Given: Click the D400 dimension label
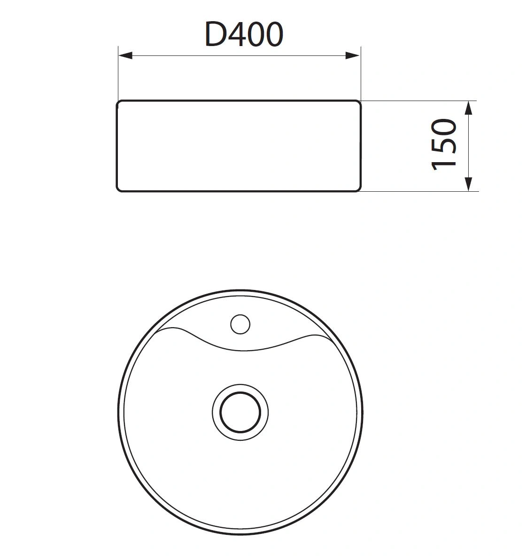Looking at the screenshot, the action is tap(244, 34).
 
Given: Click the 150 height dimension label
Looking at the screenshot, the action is tap(444, 144).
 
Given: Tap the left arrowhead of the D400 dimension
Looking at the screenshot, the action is tap(125, 55).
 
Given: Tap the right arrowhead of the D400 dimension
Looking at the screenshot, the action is tap(353, 55).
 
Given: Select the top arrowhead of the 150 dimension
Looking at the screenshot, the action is tap(469, 108).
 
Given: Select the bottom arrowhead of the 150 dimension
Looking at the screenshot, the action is tap(469, 184).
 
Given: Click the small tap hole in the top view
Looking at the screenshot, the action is tap(240, 324).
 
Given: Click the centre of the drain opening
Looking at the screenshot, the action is tap(240, 412).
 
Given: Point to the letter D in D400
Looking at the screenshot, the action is tap(215, 34).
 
